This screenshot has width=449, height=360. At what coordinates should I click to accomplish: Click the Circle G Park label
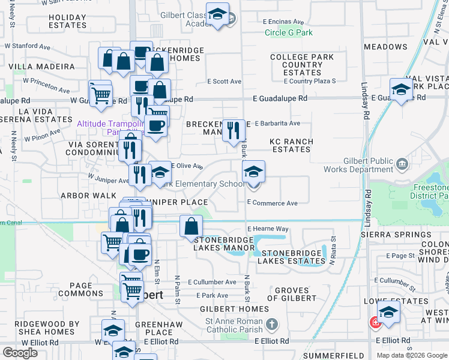[x=285, y=32]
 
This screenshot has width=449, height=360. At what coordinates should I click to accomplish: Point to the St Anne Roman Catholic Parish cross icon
[x=272, y=325]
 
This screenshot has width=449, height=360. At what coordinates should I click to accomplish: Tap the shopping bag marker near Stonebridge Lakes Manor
[x=191, y=227]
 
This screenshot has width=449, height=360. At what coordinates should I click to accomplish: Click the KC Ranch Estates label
[x=291, y=145]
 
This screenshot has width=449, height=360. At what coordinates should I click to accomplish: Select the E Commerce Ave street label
[x=273, y=203]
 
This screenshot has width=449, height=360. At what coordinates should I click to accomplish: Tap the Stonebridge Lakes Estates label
[x=292, y=257]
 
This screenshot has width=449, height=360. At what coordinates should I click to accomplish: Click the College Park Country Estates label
[x=297, y=65]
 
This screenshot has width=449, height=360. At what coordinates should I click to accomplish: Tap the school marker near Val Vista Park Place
[x=401, y=89]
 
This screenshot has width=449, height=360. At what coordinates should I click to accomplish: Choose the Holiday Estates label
[x=68, y=21]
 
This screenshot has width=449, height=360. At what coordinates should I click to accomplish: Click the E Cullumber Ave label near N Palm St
[x=212, y=282]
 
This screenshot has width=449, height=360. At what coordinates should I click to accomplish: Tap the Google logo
[x=20, y=353]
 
